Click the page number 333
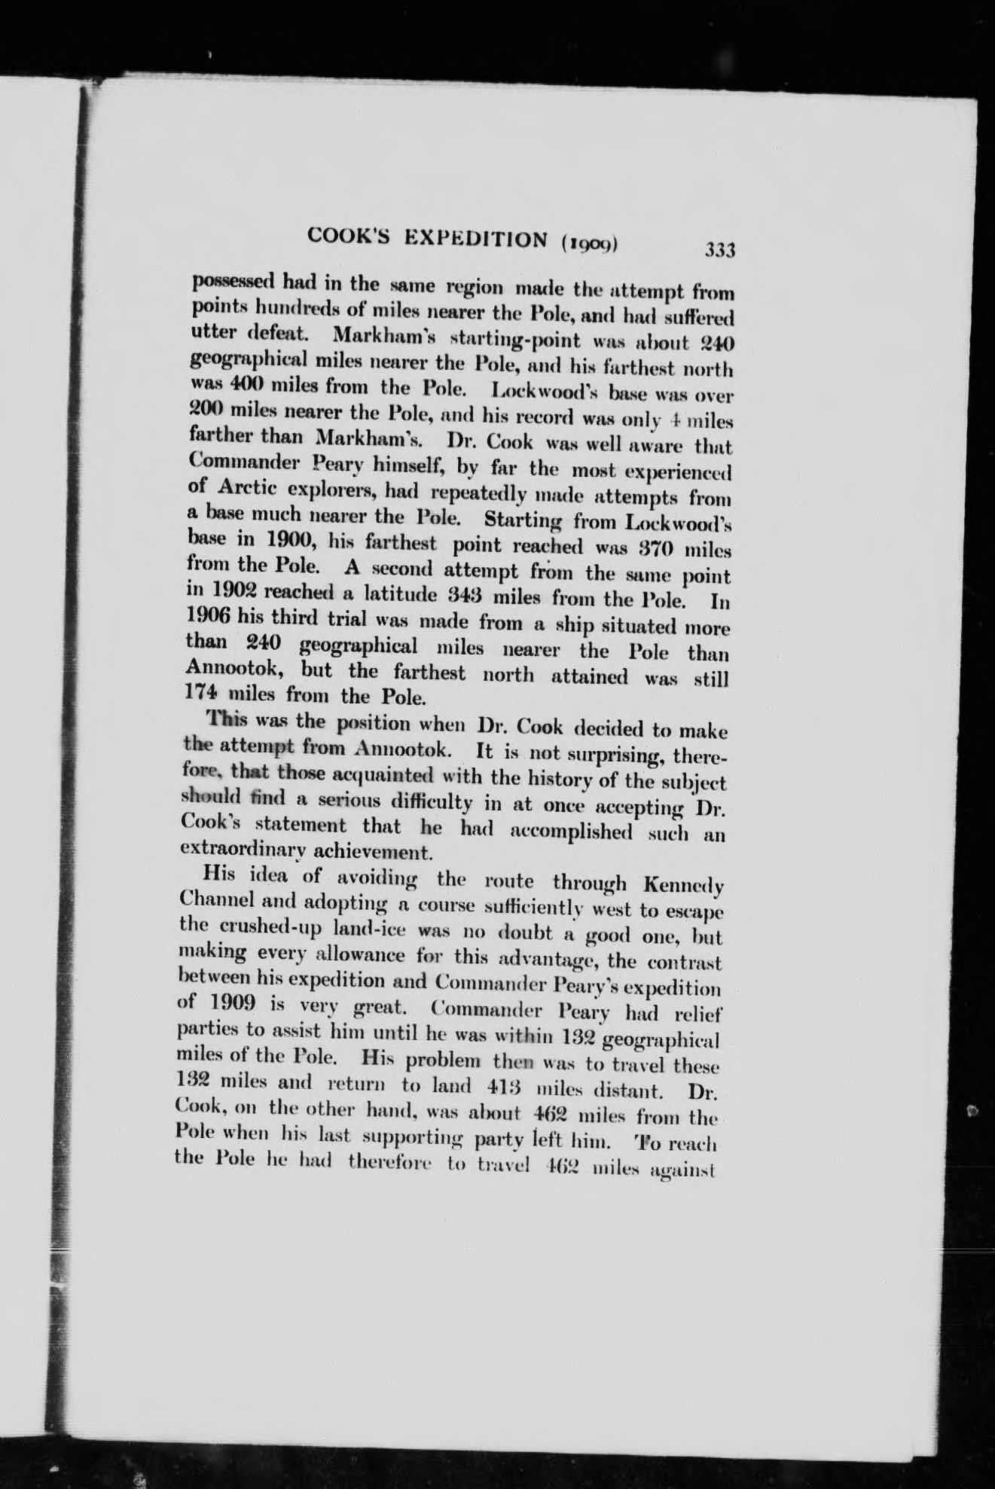719,249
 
